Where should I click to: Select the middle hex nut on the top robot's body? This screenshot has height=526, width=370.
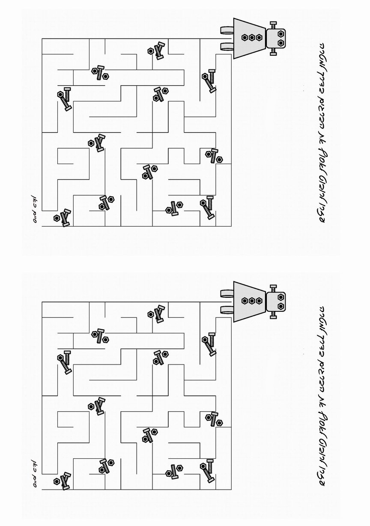click(252, 38)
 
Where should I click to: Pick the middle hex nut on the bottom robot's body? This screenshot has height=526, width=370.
click(252, 301)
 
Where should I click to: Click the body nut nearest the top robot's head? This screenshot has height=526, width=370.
click(259, 38)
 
